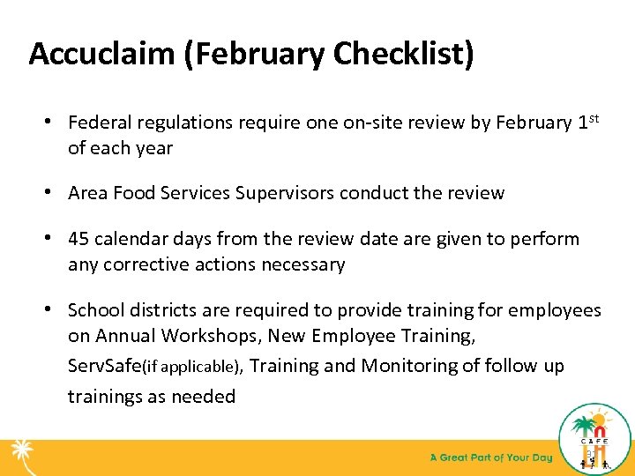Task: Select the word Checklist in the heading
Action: pos(401,54)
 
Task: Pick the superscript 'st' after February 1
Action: pos(594,118)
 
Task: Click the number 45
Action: pos(79,239)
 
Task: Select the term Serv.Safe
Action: pos(104,366)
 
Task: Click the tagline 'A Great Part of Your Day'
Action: pos(490,457)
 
